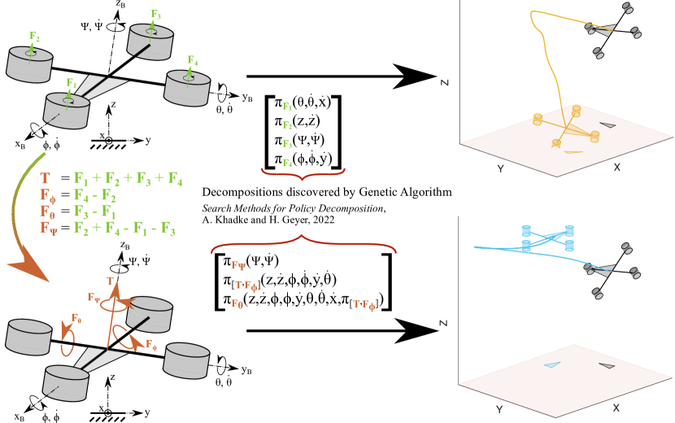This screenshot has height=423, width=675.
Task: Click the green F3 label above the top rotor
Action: pos(155,15)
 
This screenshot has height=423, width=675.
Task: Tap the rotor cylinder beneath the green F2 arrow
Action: pos(29,65)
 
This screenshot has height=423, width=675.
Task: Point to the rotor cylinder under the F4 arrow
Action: pos(187,88)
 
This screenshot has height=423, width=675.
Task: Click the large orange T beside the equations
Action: pos(45,178)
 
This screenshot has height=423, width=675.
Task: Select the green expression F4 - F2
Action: pos(94,196)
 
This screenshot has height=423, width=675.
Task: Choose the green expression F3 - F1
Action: pos(94,212)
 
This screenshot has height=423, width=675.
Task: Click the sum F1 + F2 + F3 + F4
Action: pos(128,179)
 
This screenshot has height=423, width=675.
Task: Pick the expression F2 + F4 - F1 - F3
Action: pos(124,229)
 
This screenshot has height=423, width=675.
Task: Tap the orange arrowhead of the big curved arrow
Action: pos(28,268)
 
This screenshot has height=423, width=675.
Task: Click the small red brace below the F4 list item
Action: pos(303,172)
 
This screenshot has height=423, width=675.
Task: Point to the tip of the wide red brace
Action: pos(303,237)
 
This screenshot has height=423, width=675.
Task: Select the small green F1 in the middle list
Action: pos(287,107)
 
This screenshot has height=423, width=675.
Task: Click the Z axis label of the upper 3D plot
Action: pos(445,82)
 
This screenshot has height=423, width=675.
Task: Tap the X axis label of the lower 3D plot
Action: pos(616,408)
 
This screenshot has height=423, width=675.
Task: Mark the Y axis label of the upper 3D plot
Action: pos(500,168)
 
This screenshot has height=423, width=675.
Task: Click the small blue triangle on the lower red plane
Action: pos(552,364)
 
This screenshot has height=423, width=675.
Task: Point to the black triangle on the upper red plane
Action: pos(607,125)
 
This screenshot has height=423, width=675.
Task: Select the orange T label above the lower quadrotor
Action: pos(111,281)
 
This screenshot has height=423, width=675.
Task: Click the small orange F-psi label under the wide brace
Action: pos(238,265)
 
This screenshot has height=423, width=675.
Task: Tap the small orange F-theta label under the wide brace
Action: pos(237,303)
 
